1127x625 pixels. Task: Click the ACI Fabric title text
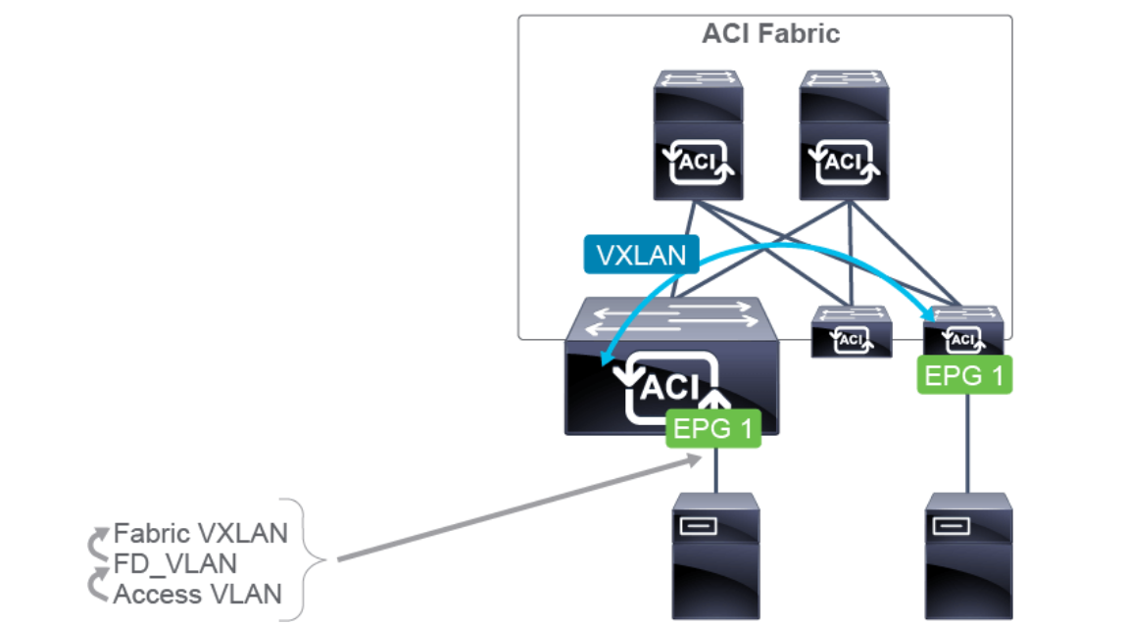click(x=770, y=33)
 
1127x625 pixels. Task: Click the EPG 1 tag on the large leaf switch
click(x=713, y=428)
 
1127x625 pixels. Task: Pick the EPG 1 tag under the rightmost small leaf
click(x=965, y=375)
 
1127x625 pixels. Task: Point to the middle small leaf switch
click(x=852, y=331)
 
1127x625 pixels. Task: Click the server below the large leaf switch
click(x=715, y=555)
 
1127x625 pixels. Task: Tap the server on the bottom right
click(x=969, y=555)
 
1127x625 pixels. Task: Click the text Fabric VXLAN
click(x=201, y=533)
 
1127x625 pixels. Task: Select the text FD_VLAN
click(x=175, y=563)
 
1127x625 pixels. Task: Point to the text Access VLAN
click(x=198, y=594)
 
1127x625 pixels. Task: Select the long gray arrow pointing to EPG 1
click(x=500, y=512)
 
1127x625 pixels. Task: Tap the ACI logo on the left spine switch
click(x=698, y=161)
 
